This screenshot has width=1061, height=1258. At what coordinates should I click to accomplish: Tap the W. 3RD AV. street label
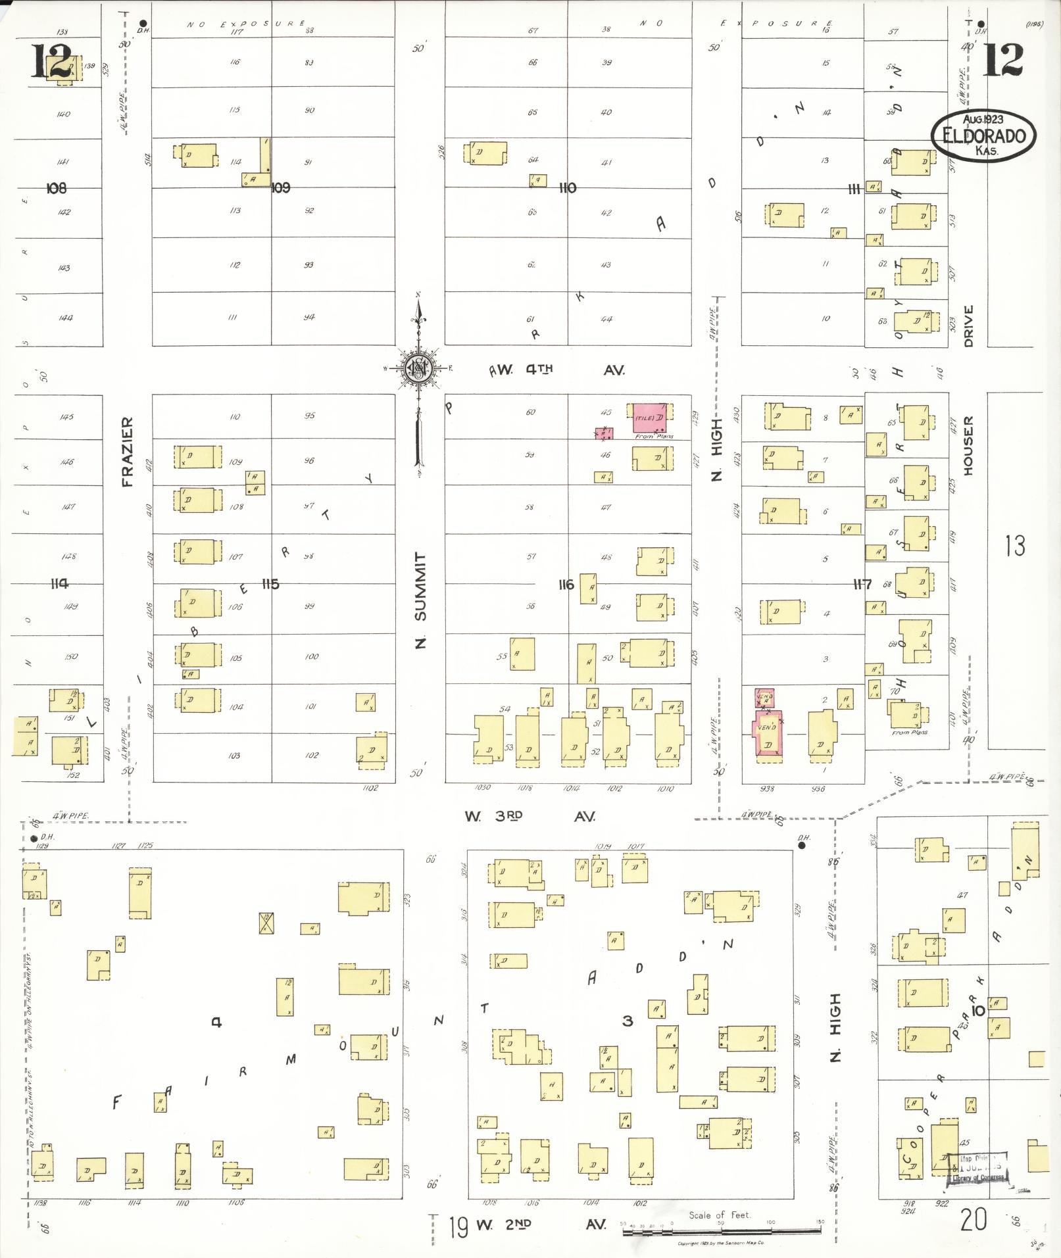(x=530, y=816)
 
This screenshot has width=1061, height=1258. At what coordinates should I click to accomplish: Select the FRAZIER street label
(x=128, y=451)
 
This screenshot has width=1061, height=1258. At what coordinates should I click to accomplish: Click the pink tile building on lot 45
(x=653, y=418)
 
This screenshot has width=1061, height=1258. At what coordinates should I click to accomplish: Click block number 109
(x=281, y=188)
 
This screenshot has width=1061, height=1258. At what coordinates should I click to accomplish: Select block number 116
(x=566, y=584)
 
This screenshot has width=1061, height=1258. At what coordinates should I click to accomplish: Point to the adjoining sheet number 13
(x=1015, y=546)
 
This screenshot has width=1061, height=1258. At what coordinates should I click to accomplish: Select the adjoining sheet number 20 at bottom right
(x=974, y=1221)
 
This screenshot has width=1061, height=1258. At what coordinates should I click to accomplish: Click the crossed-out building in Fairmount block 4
(x=266, y=923)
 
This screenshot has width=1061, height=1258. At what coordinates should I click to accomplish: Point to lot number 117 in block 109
(x=237, y=31)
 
